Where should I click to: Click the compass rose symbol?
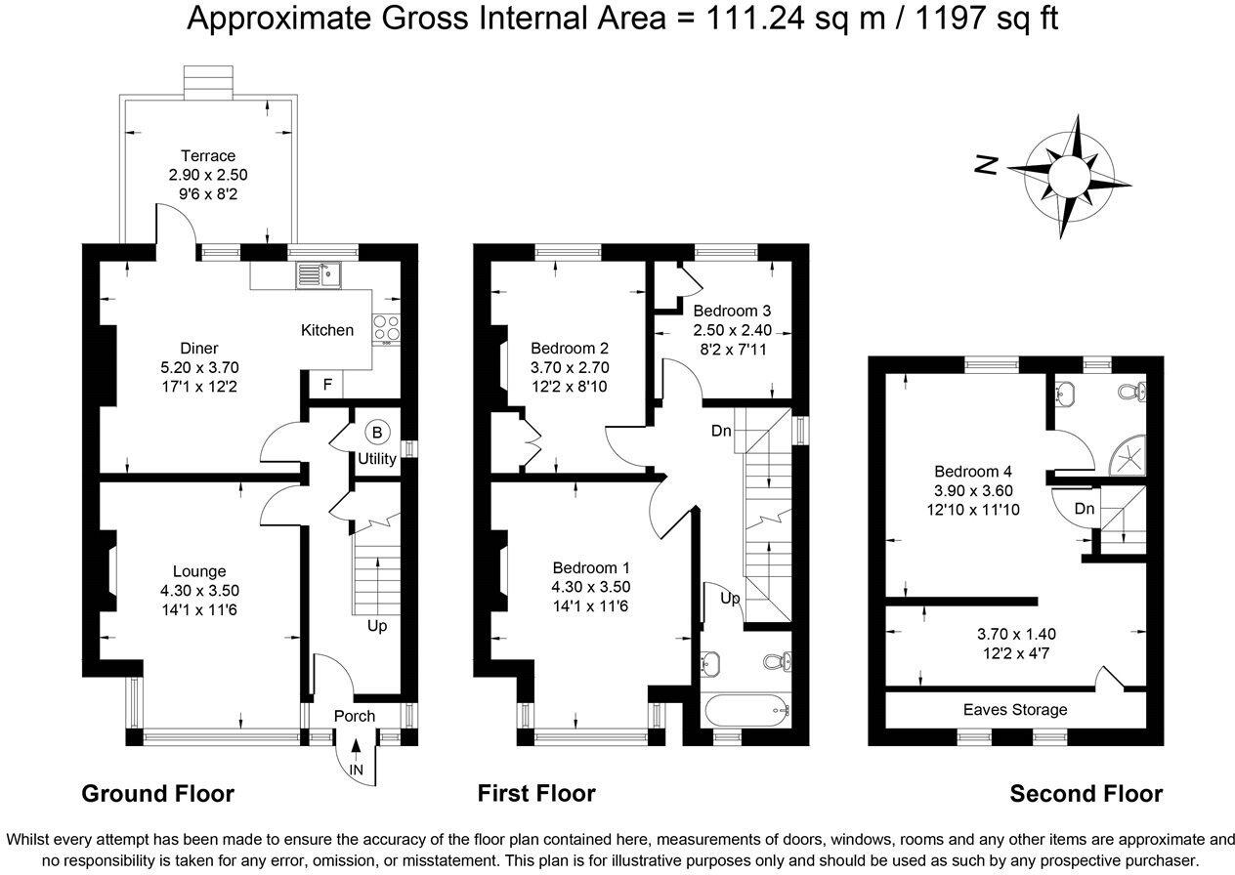1067,176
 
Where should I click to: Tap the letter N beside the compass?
987,165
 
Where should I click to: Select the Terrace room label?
207,155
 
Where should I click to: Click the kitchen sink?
315,274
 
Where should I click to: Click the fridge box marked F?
327,384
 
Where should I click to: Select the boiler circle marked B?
376,432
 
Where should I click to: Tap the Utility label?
376,458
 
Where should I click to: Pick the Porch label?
354,716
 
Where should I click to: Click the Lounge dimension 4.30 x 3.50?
199,590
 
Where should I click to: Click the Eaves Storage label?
1015,709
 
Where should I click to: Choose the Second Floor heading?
1086,794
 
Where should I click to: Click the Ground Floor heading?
157,793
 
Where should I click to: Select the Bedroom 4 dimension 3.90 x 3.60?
966,490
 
